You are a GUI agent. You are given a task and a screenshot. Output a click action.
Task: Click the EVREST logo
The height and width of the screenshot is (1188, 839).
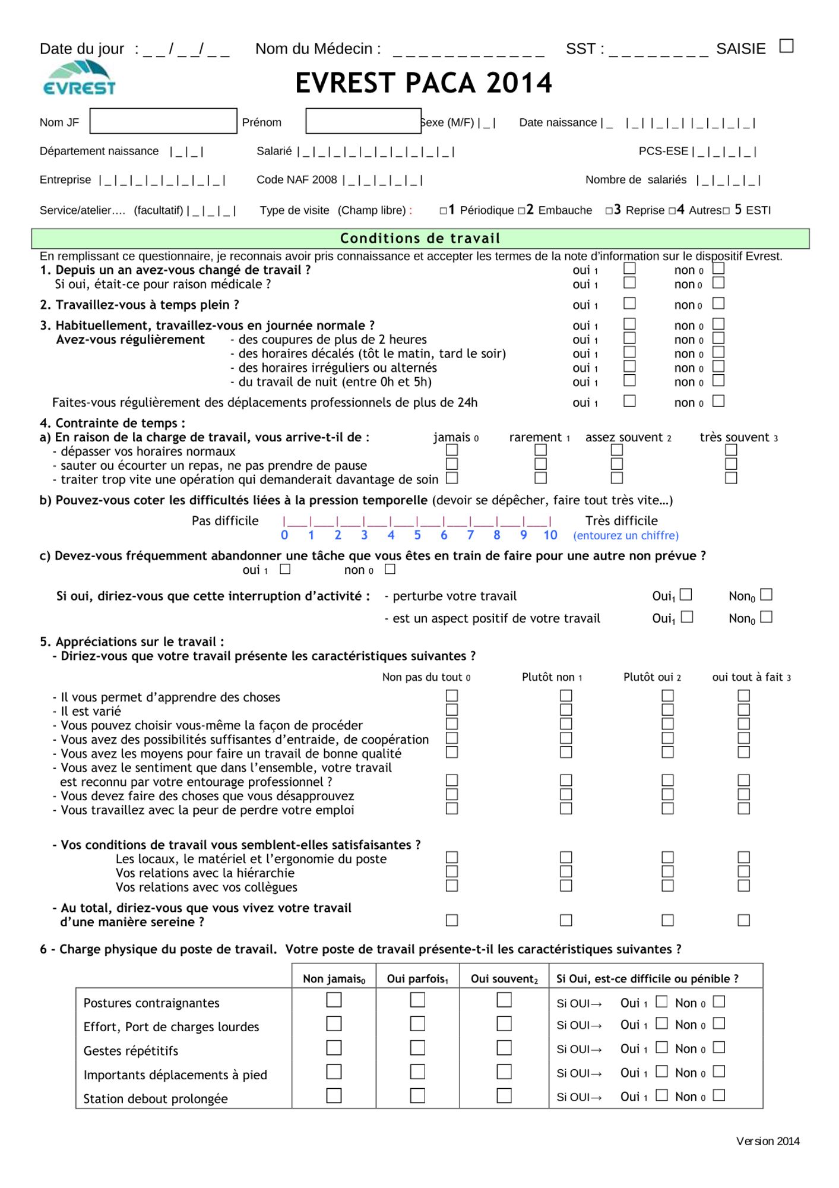[79, 79]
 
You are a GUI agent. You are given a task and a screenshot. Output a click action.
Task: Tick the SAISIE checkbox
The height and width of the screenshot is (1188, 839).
[786, 46]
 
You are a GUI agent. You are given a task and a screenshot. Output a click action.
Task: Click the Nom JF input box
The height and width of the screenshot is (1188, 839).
[163, 121]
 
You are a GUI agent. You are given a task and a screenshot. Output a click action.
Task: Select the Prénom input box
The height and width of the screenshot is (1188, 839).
[363, 121]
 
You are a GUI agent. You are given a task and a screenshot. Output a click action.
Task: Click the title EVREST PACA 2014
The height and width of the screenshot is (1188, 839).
[423, 83]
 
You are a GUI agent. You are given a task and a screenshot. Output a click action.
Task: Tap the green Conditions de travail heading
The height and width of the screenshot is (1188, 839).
[420, 238]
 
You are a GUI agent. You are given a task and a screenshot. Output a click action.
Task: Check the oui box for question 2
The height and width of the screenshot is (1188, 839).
[629, 304]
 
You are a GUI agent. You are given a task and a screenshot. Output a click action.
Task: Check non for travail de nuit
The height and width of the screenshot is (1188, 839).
[718, 381]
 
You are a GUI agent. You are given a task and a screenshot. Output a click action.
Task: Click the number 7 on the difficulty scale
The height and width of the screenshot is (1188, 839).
[470, 535]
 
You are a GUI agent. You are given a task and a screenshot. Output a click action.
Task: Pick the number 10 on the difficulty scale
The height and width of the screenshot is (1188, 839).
[550, 535]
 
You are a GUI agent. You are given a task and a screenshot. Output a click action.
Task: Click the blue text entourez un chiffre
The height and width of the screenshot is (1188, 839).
[625, 536]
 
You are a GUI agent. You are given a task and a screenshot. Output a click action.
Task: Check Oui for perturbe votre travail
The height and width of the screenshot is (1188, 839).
[686, 595]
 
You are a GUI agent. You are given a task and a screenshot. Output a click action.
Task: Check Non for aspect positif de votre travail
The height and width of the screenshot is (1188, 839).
[767, 617]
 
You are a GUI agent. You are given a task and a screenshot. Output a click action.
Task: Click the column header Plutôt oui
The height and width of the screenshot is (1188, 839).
[651, 677]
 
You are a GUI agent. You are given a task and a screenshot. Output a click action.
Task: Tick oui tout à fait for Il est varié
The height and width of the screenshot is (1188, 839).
[743, 710]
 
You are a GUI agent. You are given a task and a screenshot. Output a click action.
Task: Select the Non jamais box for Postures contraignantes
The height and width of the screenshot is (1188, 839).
[334, 1000]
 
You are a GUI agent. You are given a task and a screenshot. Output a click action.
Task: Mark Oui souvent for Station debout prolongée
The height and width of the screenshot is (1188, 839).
[504, 1095]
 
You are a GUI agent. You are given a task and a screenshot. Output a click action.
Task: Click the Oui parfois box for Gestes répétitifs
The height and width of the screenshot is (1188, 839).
[417, 1048]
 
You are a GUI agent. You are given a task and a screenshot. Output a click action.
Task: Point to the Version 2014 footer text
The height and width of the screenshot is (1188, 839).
[767, 1141]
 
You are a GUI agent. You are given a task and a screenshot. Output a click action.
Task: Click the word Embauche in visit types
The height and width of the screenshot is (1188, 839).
[565, 210]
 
